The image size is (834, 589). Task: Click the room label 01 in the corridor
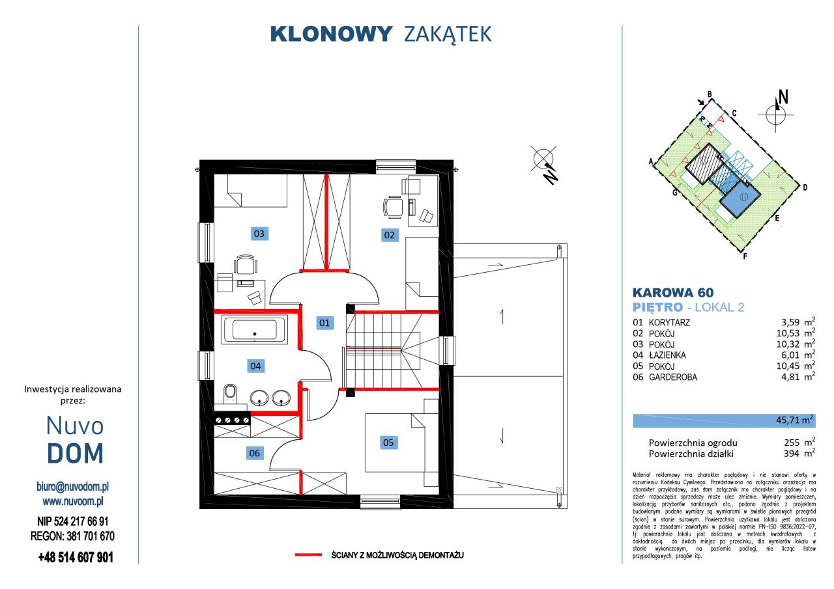pos(324,322)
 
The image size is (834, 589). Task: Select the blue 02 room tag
pos(389,235)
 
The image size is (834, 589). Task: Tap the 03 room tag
pos(259,232)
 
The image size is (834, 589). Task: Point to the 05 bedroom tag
pos(388,443)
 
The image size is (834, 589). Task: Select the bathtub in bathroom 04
pos(254,329)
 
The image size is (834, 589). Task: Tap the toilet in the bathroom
pos(229,394)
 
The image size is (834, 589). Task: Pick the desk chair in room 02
pos(392,207)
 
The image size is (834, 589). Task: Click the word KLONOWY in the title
pos(331,34)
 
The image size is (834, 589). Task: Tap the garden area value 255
pos(791,443)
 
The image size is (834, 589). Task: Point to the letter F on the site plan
pos(745,256)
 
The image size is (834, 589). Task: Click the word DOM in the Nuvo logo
pos(76,454)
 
